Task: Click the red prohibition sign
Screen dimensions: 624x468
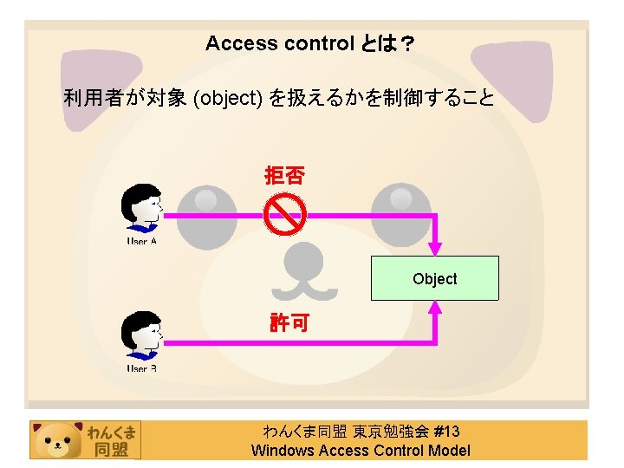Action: pyautogui.click(x=285, y=214)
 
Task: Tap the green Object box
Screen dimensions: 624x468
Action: pyautogui.click(x=434, y=278)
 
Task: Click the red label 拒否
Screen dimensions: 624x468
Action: pyautogui.click(x=284, y=177)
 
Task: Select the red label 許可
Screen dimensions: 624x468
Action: pyautogui.click(x=287, y=324)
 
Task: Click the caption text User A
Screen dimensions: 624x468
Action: pyautogui.click(x=141, y=241)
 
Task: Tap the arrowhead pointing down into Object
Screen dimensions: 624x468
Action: pyautogui.click(x=435, y=248)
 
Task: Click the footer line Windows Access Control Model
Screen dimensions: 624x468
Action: pyautogui.click(x=361, y=450)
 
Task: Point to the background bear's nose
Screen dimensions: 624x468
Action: pyautogui.click(x=305, y=260)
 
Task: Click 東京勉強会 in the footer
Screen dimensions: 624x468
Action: pyautogui.click(x=390, y=432)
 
